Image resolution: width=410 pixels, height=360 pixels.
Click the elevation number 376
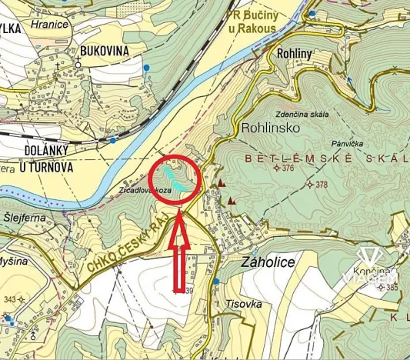288,168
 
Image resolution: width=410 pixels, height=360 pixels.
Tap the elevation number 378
322,185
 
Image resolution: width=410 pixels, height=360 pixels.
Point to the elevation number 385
392,287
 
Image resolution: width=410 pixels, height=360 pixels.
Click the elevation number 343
9,298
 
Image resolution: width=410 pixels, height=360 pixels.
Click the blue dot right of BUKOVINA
146,68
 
